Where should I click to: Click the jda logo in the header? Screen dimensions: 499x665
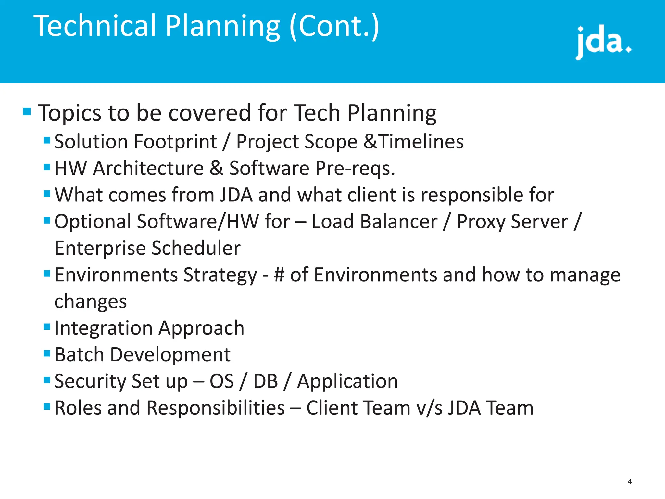point(603,42)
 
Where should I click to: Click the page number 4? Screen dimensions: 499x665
point(630,482)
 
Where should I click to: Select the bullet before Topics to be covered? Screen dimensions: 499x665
point(27,112)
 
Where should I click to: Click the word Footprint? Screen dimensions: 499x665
point(175,142)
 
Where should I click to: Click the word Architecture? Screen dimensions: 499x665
point(148,168)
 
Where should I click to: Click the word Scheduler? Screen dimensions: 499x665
point(196,249)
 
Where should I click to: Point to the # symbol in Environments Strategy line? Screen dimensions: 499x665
point(279,275)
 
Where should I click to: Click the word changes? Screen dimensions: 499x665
point(91,302)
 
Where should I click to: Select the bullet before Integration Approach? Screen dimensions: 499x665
point(47,326)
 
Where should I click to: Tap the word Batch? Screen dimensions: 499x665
point(79,354)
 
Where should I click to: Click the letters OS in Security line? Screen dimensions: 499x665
point(222,381)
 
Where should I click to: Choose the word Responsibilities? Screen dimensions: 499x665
point(216,408)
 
